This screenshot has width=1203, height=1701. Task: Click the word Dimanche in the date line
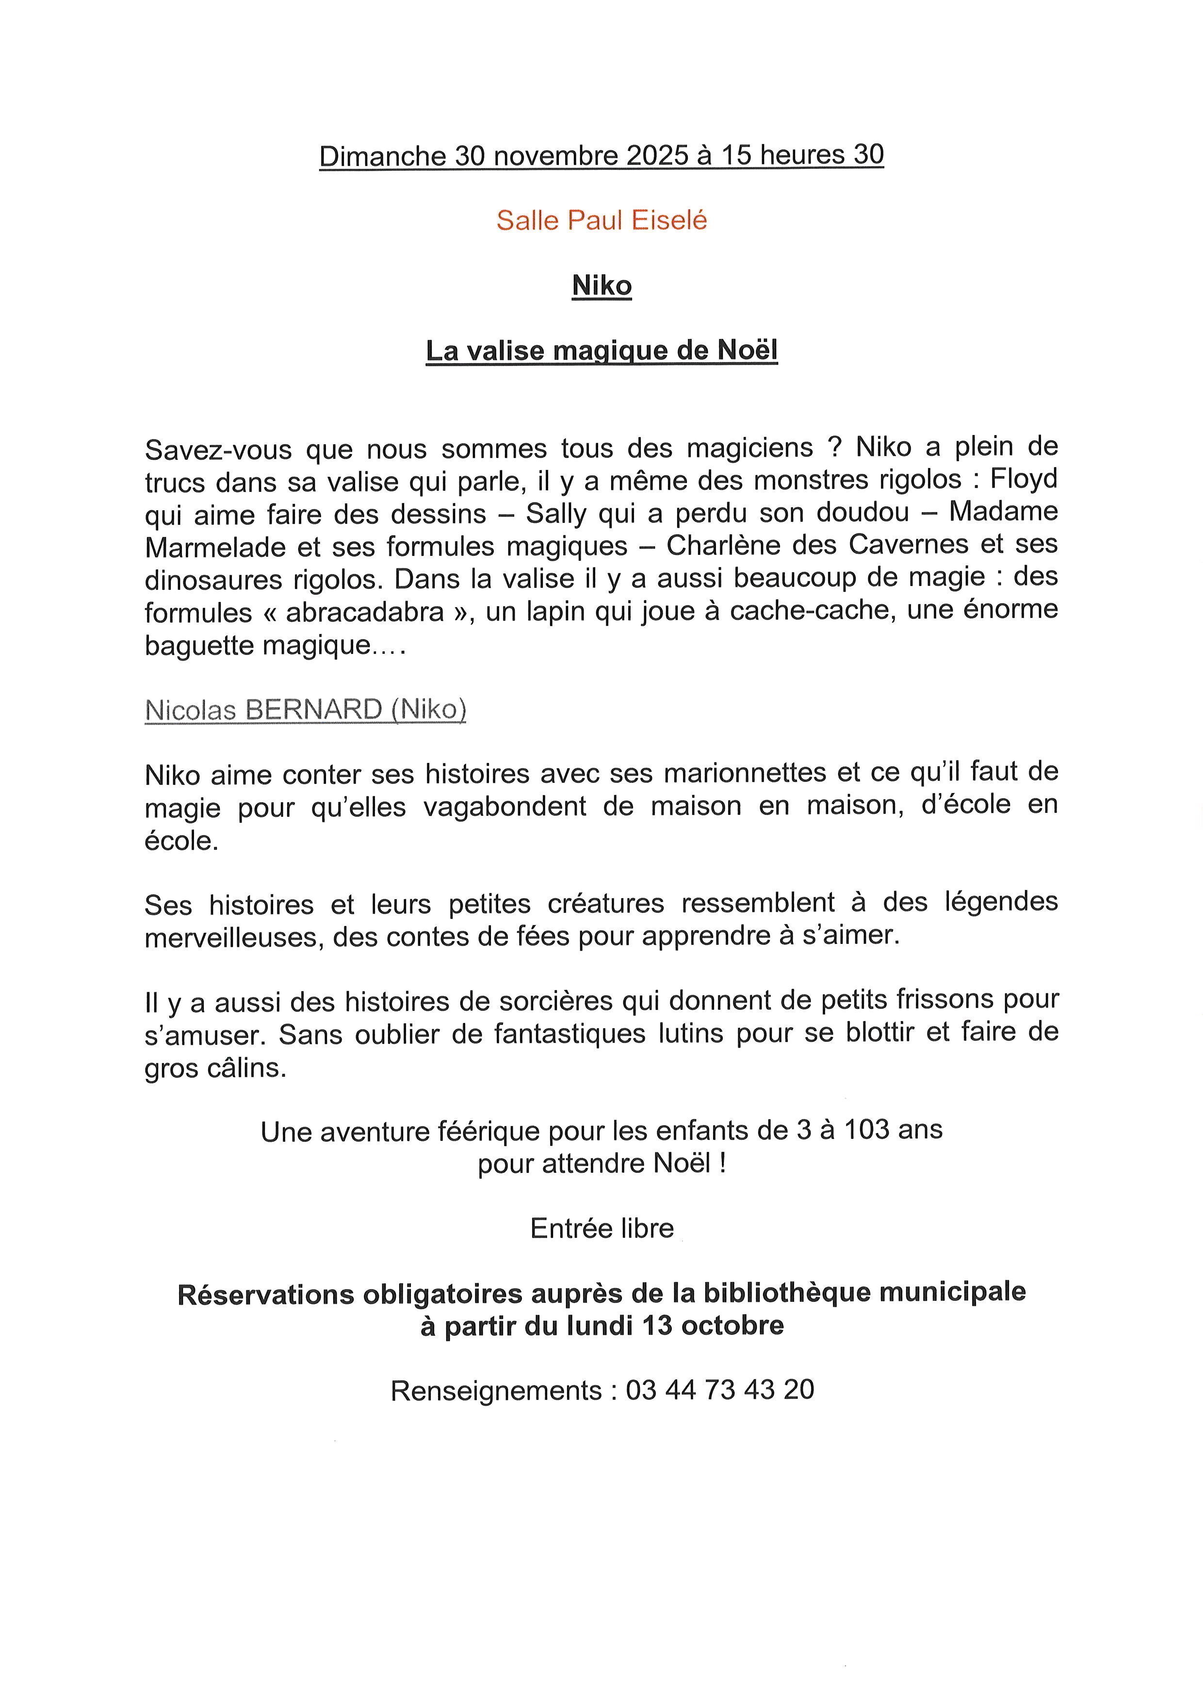click(381, 156)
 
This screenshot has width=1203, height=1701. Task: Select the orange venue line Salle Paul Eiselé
click(601, 220)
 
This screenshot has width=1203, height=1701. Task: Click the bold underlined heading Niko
click(601, 285)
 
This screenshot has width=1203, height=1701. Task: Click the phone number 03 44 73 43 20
click(719, 1390)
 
